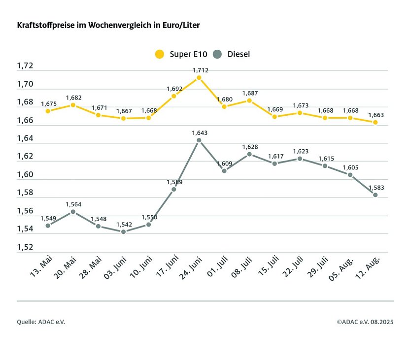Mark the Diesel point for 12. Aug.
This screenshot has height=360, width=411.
[x=375, y=195]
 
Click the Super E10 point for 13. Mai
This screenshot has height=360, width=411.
[x=48, y=111]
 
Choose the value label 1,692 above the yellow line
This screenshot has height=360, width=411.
[x=174, y=89]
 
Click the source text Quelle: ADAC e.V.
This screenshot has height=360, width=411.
[x=41, y=322]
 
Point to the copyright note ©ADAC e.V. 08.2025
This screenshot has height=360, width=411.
[x=365, y=322]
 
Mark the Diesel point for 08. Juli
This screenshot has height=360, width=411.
[x=249, y=154]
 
